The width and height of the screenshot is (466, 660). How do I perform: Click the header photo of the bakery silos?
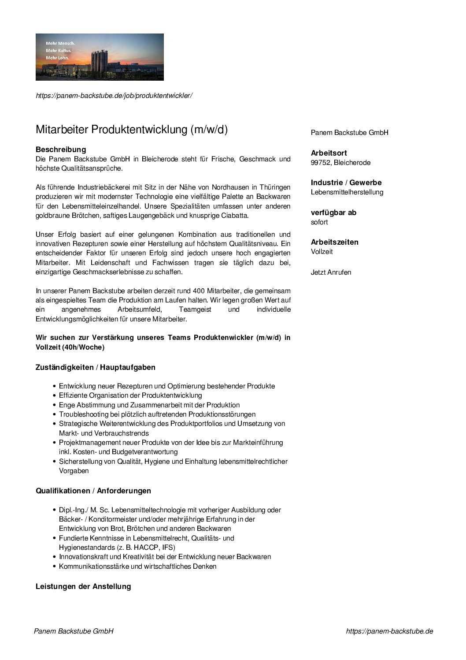(x=100, y=57)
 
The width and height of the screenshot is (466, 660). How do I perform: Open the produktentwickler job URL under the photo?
(x=114, y=96)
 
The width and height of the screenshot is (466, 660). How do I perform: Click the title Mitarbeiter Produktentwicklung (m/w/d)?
(x=132, y=130)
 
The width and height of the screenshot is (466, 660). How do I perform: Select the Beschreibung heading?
(x=61, y=149)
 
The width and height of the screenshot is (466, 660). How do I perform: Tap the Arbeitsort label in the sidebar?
(x=329, y=153)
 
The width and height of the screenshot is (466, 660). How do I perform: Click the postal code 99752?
(x=320, y=163)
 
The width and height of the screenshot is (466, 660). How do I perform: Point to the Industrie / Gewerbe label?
(x=346, y=183)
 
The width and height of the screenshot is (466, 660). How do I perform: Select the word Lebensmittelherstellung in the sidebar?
(x=347, y=192)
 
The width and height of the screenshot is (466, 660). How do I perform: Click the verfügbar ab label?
(x=333, y=213)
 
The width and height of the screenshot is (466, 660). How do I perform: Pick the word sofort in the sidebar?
(x=319, y=222)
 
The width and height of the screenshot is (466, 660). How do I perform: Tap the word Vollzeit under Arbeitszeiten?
(x=322, y=252)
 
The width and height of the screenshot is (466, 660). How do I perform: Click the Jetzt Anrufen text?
(x=331, y=272)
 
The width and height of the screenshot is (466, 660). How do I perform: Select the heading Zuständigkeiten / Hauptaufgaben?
(x=96, y=367)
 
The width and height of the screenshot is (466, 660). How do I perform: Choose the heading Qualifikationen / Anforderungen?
(x=93, y=491)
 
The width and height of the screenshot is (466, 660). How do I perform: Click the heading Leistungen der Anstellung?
(x=83, y=586)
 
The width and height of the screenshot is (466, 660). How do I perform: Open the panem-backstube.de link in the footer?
(x=389, y=631)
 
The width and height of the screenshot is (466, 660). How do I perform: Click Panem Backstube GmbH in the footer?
(x=74, y=631)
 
